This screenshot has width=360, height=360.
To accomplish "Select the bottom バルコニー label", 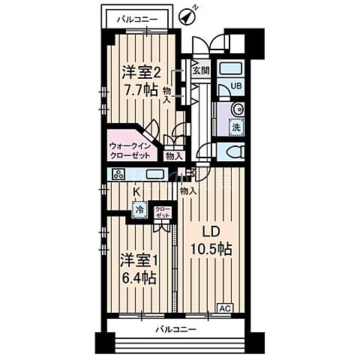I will (176, 329).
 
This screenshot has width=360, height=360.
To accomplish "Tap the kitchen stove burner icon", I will (118, 175).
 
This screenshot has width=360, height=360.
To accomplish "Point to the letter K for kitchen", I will (136, 192).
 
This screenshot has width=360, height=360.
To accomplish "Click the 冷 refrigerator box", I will (139, 211).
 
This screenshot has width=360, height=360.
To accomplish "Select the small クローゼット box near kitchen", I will (162, 211).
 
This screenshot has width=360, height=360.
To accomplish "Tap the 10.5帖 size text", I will (210, 250).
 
